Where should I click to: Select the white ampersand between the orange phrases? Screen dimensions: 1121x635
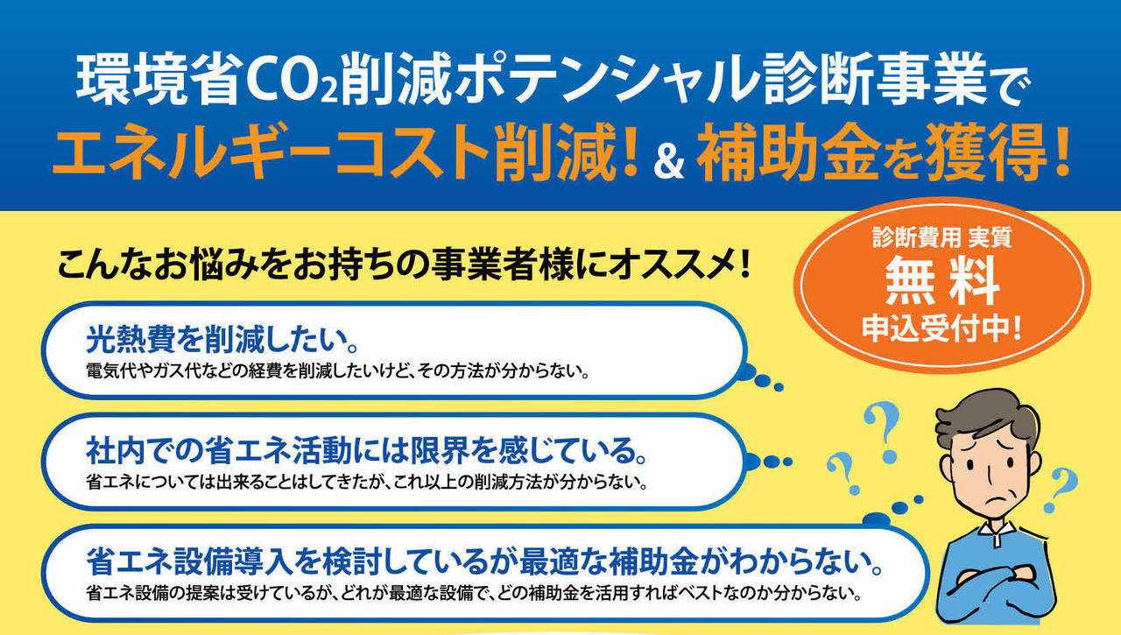click(x=668, y=159)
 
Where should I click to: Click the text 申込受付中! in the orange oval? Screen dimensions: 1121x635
click(x=941, y=328)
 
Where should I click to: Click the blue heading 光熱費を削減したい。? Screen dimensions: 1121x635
click(x=222, y=339)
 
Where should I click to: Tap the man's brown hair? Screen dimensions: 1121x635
click(x=985, y=416)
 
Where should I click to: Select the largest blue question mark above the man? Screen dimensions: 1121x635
click(x=884, y=431)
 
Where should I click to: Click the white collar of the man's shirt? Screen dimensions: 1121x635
click(x=997, y=532)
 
